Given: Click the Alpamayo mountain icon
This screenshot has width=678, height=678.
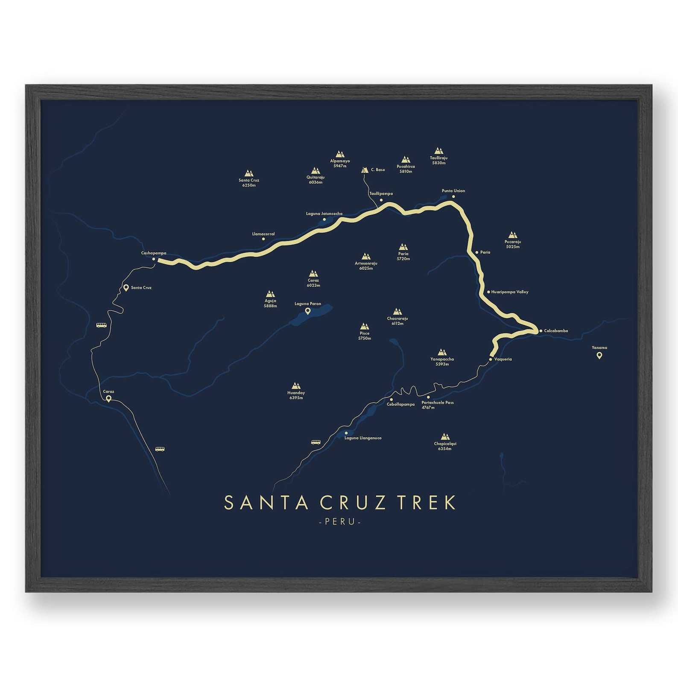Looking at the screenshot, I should (x=340, y=154).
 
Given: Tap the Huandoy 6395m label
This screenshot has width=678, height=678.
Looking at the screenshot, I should (x=296, y=395).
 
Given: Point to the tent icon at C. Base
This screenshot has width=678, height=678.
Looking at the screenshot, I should (x=365, y=170).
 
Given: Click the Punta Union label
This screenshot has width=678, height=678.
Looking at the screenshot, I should (x=453, y=191).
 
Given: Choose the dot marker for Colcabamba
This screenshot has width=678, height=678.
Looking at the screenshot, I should (x=541, y=331).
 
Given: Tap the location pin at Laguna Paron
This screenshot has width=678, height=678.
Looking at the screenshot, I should (x=307, y=311).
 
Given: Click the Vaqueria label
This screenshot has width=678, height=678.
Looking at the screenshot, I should (x=503, y=359).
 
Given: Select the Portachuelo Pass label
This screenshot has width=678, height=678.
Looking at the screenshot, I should (x=437, y=405).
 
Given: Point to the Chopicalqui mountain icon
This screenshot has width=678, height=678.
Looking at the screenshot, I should (x=445, y=437).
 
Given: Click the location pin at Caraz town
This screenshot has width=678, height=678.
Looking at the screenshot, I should (x=108, y=399).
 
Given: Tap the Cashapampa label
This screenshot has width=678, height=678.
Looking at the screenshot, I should (x=154, y=253).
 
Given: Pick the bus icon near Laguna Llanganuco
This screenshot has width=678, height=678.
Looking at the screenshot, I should (x=316, y=442).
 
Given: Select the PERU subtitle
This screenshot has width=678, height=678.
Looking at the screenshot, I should (x=340, y=522).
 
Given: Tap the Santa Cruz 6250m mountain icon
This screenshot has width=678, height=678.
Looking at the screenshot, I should (x=249, y=173).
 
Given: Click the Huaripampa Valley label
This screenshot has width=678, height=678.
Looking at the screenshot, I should (x=510, y=292).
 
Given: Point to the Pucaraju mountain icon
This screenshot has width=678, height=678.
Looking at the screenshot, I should (x=513, y=235).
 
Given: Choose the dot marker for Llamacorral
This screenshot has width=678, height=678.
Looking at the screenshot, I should (x=263, y=239).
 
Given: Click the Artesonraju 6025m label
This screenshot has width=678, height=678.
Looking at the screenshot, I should (x=366, y=266).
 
